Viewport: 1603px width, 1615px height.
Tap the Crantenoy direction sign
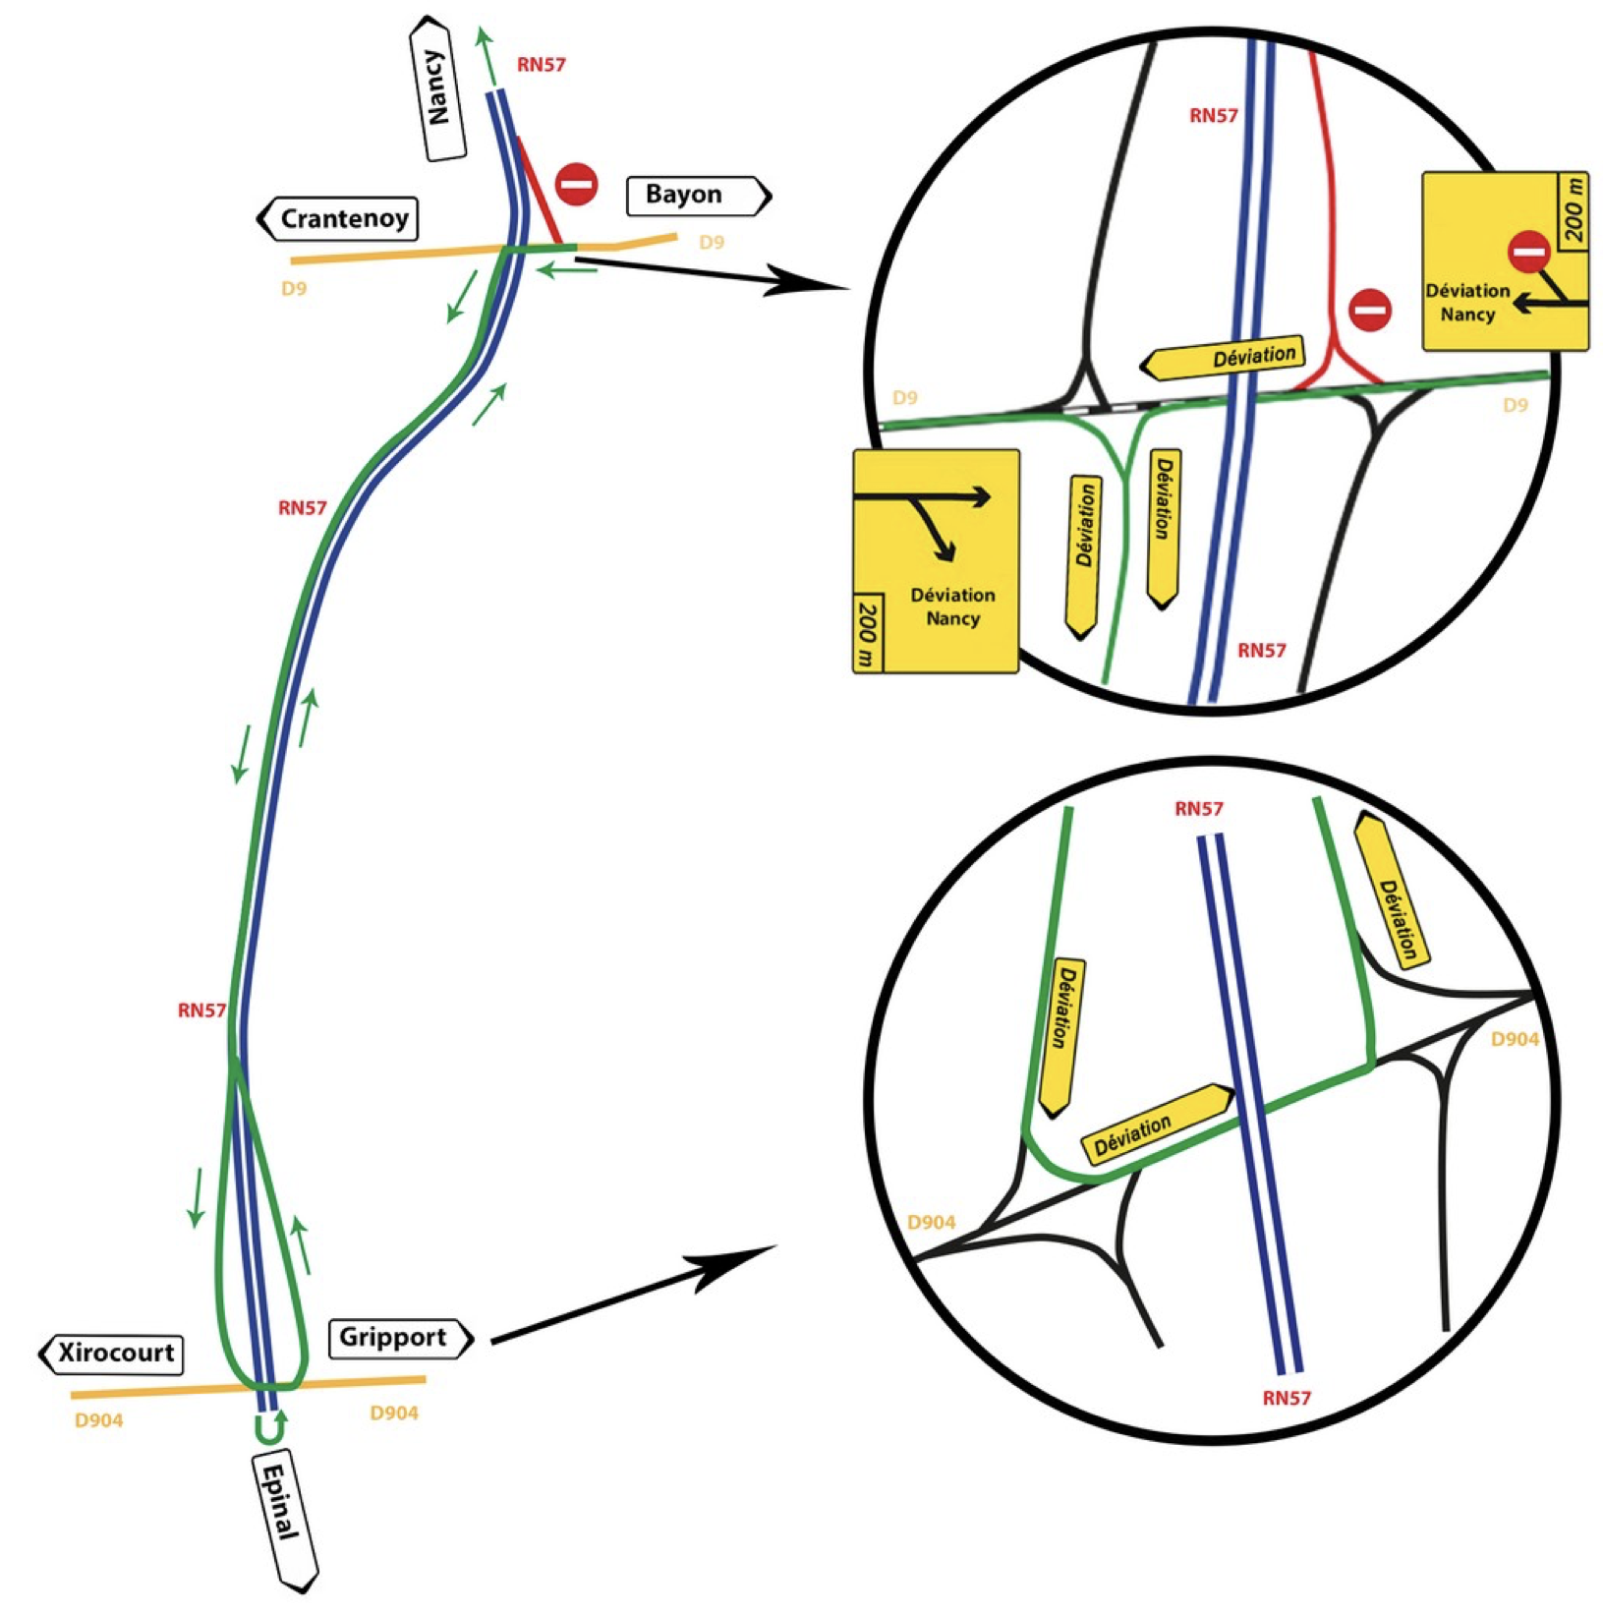339,218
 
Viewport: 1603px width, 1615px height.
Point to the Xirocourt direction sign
112,1353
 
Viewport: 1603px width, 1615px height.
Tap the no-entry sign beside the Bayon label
577,184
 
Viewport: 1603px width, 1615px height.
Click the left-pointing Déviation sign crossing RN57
1225,359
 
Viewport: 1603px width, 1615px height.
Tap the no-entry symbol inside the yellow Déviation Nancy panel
1529,253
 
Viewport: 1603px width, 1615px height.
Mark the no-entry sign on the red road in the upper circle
1369,310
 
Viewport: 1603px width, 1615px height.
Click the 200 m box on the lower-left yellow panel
867,633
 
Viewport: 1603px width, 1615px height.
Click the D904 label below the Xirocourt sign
98,1420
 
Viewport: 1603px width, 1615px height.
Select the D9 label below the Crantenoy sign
294,289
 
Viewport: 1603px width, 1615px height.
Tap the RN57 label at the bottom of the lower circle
1287,1398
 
